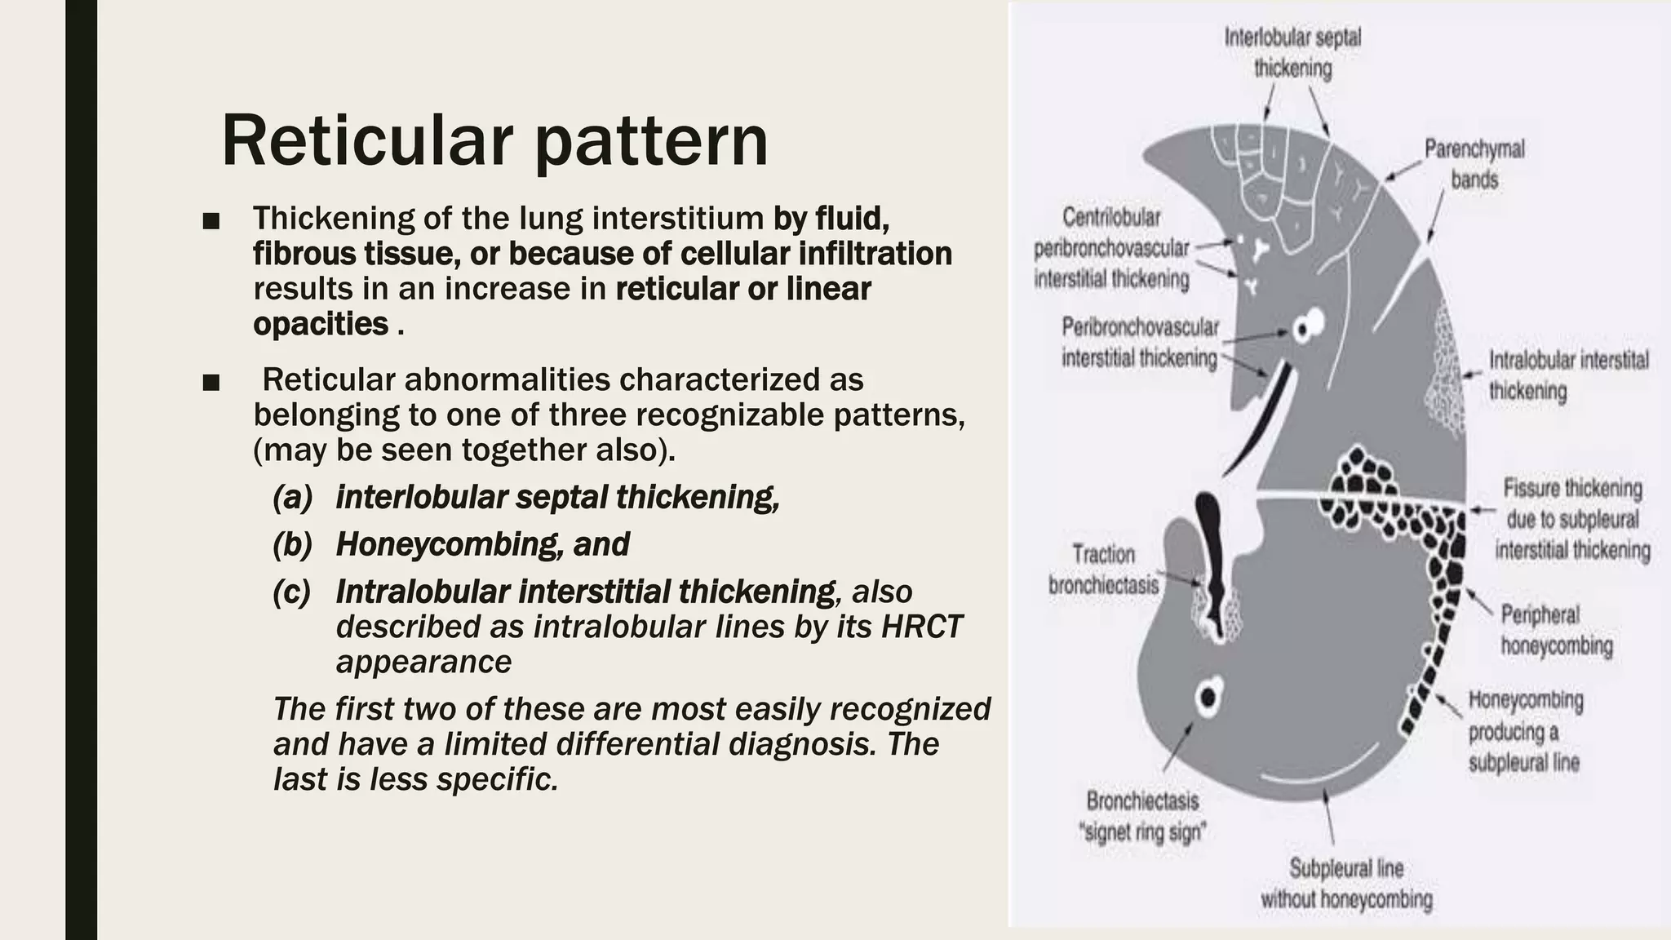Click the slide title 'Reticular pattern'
click(x=494, y=140)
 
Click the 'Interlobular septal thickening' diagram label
click(x=1292, y=53)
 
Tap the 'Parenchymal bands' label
click(x=1474, y=164)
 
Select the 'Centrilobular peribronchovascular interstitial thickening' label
click(x=1111, y=248)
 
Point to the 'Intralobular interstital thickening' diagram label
click(x=1568, y=375)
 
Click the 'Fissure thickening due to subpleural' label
click(x=1572, y=519)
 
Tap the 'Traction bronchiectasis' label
click(x=1103, y=570)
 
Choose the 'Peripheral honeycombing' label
click(x=1556, y=630)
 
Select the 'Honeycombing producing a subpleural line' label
click(x=1525, y=731)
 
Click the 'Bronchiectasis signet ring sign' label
click(x=1142, y=816)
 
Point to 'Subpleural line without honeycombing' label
click(x=1346, y=884)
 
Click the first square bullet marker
click(x=211, y=220)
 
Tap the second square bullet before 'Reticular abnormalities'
click(x=211, y=382)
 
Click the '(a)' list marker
click(x=293, y=497)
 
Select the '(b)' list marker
click(x=293, y=544)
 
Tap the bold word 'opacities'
click(x=321, y=324)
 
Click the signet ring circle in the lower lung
click(x=1208, y=697)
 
